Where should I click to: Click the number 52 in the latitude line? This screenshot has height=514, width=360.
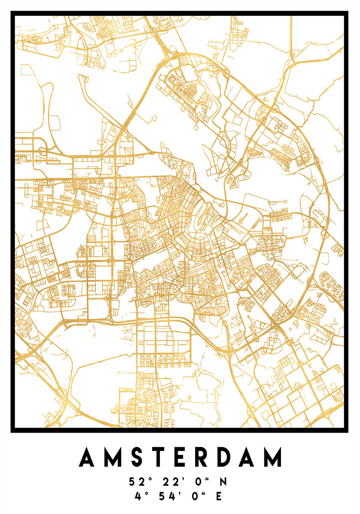135,482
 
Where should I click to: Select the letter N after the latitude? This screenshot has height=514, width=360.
223,482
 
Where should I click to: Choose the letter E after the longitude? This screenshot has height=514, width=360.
219,496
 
